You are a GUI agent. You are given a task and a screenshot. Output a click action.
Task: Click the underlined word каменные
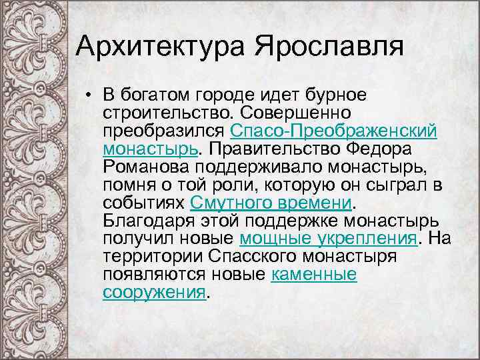point(313,274)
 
